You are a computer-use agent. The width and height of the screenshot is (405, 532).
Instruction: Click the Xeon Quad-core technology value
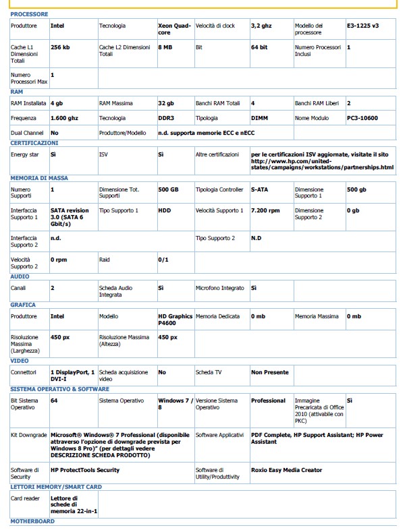tap(174, 28)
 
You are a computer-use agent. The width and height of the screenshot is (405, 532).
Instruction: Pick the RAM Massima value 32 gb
tap(166, 103)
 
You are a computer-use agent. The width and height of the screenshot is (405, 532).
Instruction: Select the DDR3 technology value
tap(166, 117)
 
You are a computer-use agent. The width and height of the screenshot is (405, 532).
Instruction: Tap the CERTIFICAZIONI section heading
tap(34, 143)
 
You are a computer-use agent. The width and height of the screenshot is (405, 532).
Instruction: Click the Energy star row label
tap(26, 154)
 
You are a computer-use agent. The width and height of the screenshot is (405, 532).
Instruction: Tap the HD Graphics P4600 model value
tap(175, 319)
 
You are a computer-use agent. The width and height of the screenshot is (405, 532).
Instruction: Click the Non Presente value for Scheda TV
tap(270, 372)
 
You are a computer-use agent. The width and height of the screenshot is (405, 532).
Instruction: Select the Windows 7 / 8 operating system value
tap(173, 404)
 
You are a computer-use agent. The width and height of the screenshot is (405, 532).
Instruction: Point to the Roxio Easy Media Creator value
tap(287, 469)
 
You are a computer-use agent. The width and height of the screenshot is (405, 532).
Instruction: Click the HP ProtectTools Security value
tap(85, 469)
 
